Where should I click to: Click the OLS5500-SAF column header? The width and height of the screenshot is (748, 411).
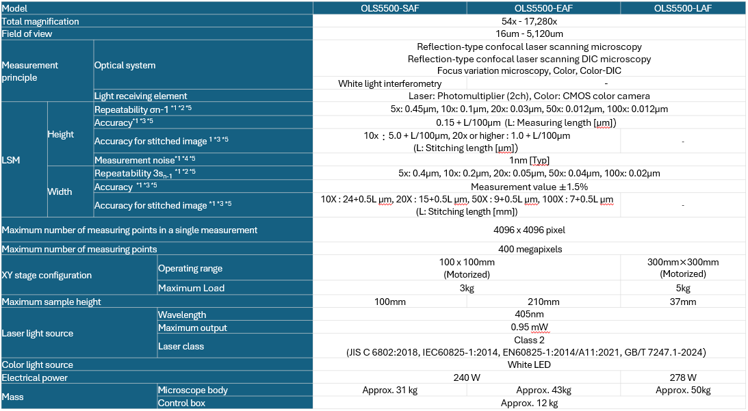pyautogui.click(x=390, y=8)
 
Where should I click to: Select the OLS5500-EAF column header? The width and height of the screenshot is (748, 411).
pyautogui.click(x=543, y=8)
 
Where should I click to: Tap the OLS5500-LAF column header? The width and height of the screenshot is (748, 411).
pyautogui.click(x=683, y=8)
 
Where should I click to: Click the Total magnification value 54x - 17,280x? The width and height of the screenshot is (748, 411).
pyautogui.click(x=529, y=21)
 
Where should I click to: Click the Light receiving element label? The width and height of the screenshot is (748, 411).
pyautogui.click(x=140, y=96)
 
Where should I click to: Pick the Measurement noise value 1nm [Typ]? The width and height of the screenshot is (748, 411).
pyautogui.click(x=529, y=160)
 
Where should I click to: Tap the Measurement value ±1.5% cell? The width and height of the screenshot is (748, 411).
pyautogui.click(x=529, y=187)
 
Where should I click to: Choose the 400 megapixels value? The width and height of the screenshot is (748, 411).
pyautogui.click(x=529, y=249)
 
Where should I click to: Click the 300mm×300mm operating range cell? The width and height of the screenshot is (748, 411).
pyautogui.click(x=683, y=262)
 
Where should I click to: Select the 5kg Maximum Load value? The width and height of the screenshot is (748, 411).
pyautogui.click(x=683, y=288)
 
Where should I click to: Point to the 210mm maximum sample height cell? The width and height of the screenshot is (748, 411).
pyautogui.click(x=543, y=302)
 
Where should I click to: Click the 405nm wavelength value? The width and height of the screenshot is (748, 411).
pyautogui.click(x=529, y=315)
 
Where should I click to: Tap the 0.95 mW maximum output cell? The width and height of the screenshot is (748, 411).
pyautogui.click(x=529, y=328)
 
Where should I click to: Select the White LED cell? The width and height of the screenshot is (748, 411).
pyautogui.click(x=529, y=364)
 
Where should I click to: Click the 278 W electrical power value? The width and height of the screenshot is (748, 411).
pyautogui.click(x=683, y=377)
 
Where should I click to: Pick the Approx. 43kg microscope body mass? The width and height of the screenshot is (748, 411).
pyautogui.click(x=543, y=390)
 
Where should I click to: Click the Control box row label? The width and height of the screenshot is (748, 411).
pyautogui.click(x=181, y=403)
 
